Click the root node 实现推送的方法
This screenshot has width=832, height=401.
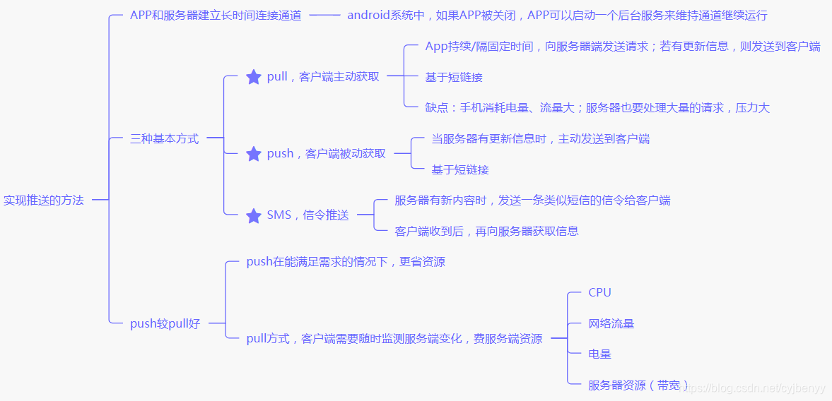coord(44,200)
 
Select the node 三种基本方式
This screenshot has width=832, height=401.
coord(165,139)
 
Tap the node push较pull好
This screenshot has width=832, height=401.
coord(165,324)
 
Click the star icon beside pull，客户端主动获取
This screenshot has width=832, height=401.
coord(254,77)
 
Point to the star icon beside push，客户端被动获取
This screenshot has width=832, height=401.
coord(254,154)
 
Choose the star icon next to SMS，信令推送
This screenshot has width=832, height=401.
coord(254,216)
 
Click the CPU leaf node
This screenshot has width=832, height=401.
coord(599,293)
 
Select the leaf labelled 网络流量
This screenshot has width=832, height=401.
coord(611,324)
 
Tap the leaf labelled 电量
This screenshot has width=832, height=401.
coord(599,354)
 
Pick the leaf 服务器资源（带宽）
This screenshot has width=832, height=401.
coord(638,385)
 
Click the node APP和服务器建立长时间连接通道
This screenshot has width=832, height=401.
coord(216,16)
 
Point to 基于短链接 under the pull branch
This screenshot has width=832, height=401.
coord(454,77)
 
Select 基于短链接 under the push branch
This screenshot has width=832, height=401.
coord(460,169)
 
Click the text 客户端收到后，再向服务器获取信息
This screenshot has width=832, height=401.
coord(486,231)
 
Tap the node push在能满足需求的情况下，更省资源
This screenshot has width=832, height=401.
coord(346,263)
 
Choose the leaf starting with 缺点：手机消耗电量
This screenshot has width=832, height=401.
coord(597,108)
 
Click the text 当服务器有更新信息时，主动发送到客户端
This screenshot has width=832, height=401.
coord(540,139)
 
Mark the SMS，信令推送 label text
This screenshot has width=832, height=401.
coord(307,216)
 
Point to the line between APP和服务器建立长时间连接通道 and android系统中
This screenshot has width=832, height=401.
coord(324,16)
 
